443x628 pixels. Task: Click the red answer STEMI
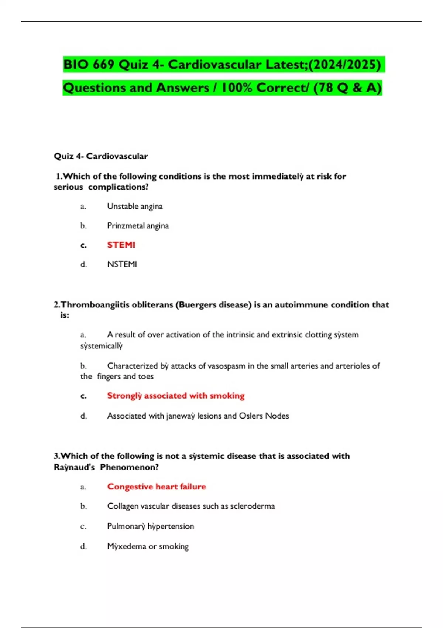(x=121, y=245)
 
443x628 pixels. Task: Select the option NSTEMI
(x=122, y=264)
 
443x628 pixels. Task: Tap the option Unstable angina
(x=135, y=206)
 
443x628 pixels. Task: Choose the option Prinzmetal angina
(x=138, y=226)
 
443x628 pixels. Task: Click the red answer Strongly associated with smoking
(x=176, y=396)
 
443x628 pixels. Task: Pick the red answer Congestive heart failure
(x=157, y=487)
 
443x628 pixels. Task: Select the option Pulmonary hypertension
(x=150, y=526)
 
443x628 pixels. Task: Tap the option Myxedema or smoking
(x=148, y=546)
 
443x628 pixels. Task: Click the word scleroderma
(x=253, y=506)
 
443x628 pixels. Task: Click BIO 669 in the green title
(x=89, y=65)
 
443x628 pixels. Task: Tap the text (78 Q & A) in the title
(x=347, y=88)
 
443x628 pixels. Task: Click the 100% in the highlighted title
(x=236, y=88)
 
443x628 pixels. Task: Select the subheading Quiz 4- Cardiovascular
(x=101, y=156)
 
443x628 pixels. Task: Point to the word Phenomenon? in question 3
(x=129, y=467)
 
